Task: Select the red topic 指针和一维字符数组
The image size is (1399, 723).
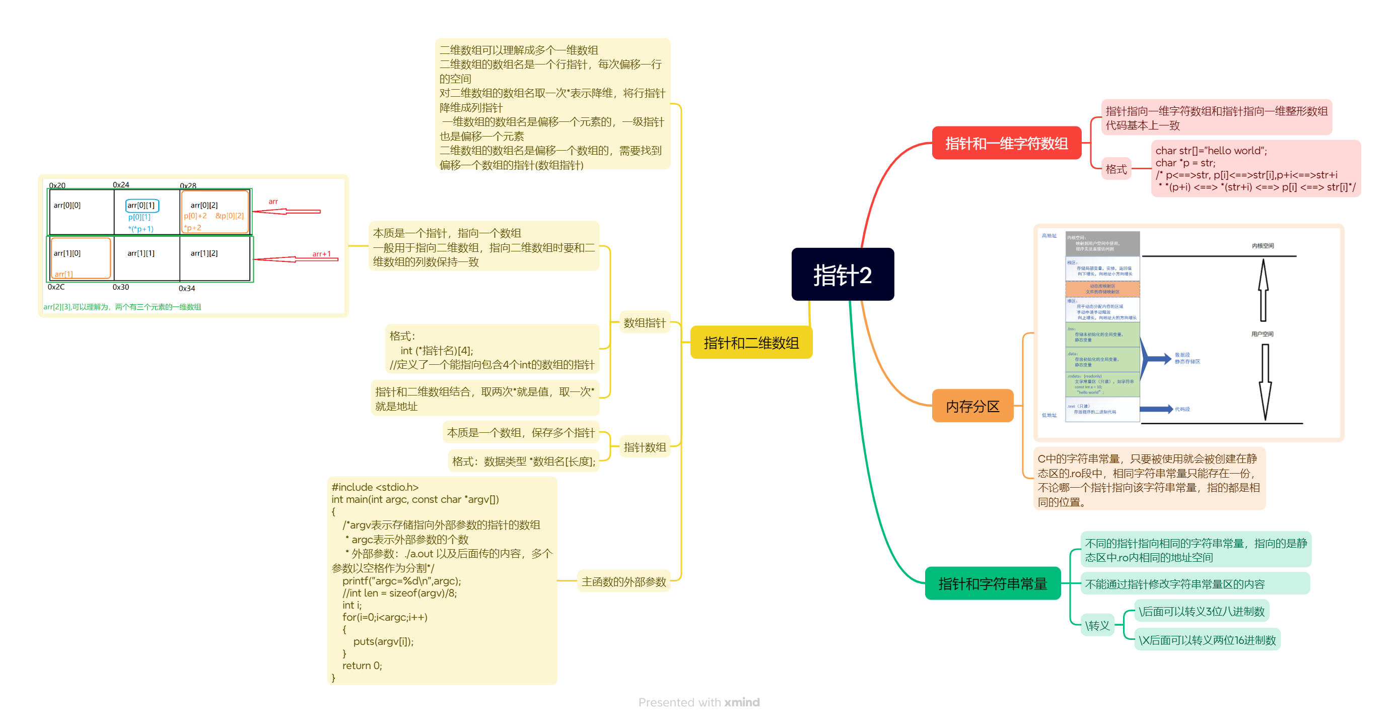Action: click(x=1006, y=144)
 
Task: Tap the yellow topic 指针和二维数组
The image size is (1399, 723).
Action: click(x=750, y=343)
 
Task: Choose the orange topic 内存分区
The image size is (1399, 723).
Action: click(x=972, y=406)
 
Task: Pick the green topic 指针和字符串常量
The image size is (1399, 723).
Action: click(x=992, y=583)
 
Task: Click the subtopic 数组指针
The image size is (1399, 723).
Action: click(x=644, y=322)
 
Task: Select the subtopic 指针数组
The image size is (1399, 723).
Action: click(x=644, y=447)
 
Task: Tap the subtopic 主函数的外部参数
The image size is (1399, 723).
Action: click(x=623, y=582)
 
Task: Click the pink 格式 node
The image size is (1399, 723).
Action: click(x=1116, y=169)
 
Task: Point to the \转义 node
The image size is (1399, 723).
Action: click(x=1097, y=625)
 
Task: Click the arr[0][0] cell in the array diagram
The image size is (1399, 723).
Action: click(x=67, y=206)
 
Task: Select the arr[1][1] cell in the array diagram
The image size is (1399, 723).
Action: click(x=141, y=253)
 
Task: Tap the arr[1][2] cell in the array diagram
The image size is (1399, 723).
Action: click(x=204, y=253)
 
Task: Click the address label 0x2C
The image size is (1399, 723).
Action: click(x=56, y=287)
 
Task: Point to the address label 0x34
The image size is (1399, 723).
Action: click(x=187, y=288)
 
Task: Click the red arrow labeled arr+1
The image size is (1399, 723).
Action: click(x=296, y=259)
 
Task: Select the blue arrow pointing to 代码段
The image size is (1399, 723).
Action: click(x=1156, y=409)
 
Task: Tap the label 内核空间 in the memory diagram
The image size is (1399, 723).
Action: click(x=1263, y=245)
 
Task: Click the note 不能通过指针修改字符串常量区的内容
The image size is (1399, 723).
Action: click(x=1175, y=584)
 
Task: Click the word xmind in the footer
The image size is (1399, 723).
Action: click(x=742, y=702)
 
